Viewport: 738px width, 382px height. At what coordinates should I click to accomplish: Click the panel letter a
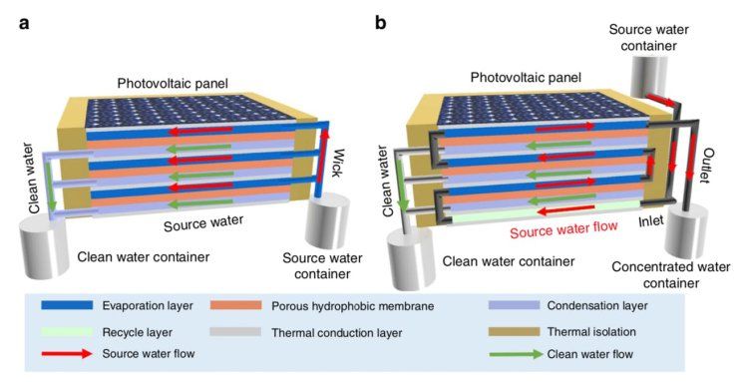point(25,24)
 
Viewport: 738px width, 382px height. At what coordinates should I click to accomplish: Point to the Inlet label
point(651,220)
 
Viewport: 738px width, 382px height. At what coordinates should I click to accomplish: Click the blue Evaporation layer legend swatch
point(67,305)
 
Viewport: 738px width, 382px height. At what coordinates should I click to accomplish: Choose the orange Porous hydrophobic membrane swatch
point(235,305)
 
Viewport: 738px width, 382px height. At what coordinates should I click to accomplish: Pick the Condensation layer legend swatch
point(515,305)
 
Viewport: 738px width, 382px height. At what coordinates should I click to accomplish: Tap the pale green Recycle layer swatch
point(67,332)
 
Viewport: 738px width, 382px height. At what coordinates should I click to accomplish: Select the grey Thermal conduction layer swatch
point(235,332)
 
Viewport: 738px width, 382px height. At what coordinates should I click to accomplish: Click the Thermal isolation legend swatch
point(515,332)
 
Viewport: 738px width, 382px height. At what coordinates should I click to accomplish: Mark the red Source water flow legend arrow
point(67,353)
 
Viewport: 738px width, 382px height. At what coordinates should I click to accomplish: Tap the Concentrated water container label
point(671,275)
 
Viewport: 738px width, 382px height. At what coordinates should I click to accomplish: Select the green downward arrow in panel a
point(52,187)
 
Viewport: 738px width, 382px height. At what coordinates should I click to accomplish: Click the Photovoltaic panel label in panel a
point(173,84)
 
